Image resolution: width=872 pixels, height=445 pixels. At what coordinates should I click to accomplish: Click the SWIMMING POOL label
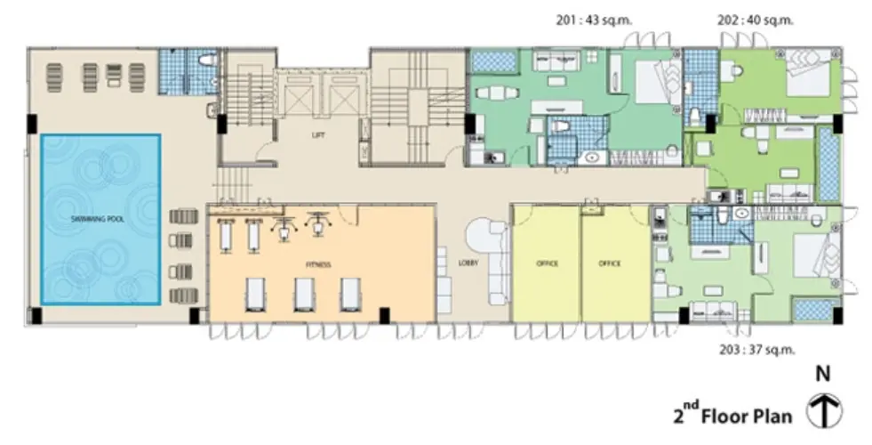tap(97, 220)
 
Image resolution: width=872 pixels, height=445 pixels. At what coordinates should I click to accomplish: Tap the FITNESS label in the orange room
tap(318, 264)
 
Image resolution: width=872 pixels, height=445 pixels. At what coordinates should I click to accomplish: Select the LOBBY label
tap(468, 263)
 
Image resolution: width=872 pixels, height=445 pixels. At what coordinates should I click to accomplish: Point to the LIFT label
tap(318, 134)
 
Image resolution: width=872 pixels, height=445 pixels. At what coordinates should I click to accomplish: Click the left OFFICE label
tap(548, 263)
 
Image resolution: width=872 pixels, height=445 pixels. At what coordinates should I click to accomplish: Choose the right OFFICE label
tap(610, 263)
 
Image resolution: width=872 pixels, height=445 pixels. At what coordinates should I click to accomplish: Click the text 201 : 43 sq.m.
tap(594, 20)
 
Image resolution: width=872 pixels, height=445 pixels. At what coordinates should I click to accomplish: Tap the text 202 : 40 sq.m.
tap(756, 20)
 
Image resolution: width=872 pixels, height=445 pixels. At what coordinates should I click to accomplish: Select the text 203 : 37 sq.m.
tap(756, 350)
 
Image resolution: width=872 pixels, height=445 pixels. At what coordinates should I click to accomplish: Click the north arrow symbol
tap(824, 411)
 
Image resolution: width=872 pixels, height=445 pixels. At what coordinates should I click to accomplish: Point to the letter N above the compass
tap(823, 374)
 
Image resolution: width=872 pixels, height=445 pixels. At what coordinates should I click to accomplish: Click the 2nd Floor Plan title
tap(732, 415)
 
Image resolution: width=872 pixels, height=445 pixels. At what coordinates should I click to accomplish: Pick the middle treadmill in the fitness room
tap(304, 294)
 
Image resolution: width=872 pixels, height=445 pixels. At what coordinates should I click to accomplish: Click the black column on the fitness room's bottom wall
tap(384, 315)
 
